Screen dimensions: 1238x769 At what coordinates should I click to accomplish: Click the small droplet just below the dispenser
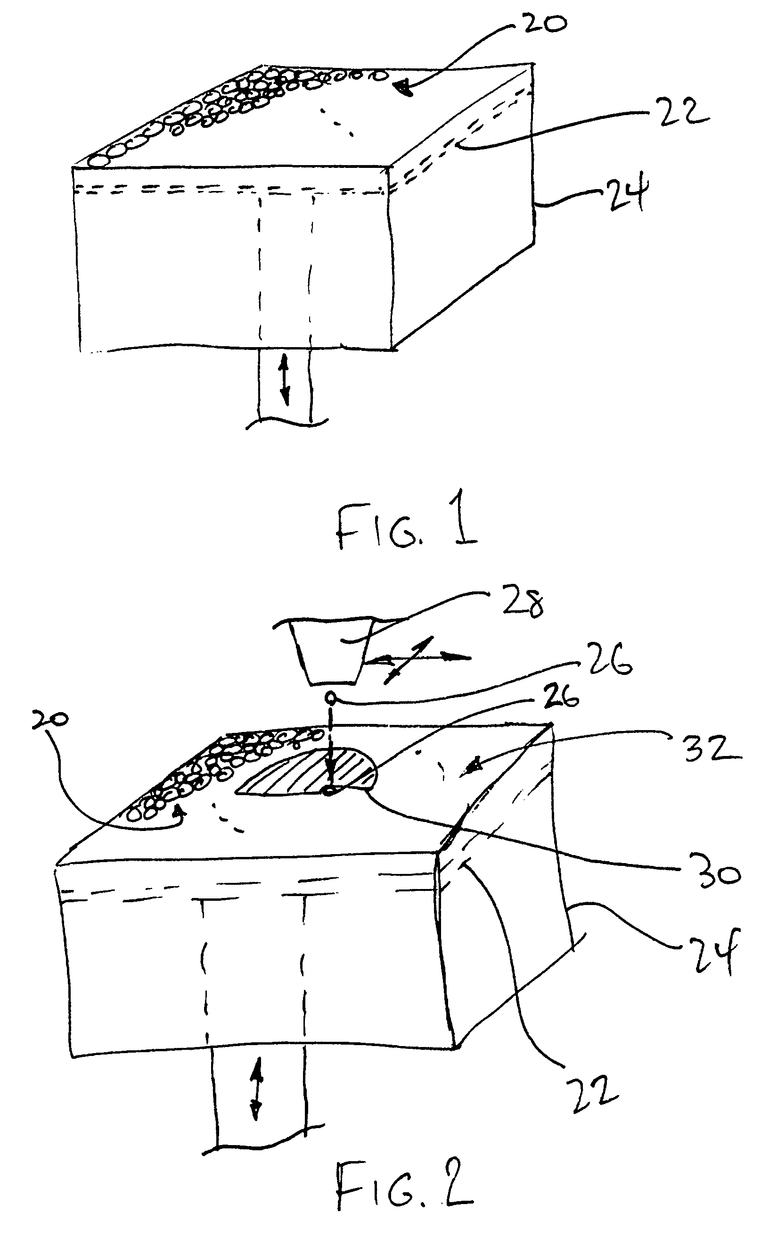pos(331,697)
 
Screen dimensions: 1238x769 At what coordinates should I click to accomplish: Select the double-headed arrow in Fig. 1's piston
pos(285,380)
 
